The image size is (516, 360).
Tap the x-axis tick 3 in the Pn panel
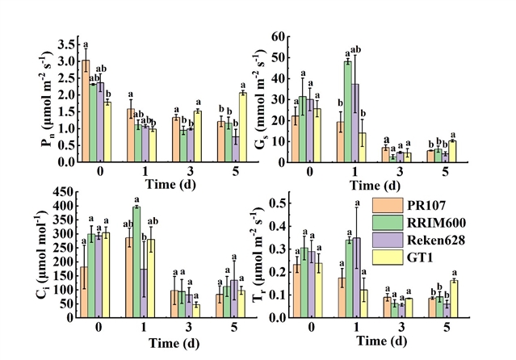185,171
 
